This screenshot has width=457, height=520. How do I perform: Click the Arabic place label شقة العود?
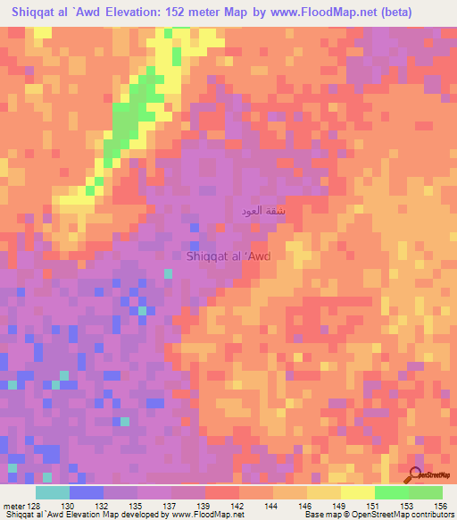[264, 212]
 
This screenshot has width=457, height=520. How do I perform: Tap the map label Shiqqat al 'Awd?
[228, 256]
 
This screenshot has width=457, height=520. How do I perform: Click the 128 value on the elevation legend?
[34, 506]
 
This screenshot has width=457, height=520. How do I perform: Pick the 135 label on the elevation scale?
[137, 506]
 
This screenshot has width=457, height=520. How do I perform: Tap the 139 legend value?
[204, 506]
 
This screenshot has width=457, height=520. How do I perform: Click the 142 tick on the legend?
[238, 506]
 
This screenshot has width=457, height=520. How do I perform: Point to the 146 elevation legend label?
[306, 506]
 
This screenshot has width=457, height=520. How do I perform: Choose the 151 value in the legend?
[374, 506]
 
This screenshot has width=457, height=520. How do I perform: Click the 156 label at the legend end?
[442, 506]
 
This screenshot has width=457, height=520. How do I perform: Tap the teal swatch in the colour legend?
[52, 492]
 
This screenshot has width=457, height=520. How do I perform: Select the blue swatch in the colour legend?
[86, 492]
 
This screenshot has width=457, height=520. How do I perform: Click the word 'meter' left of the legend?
[12, 506]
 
